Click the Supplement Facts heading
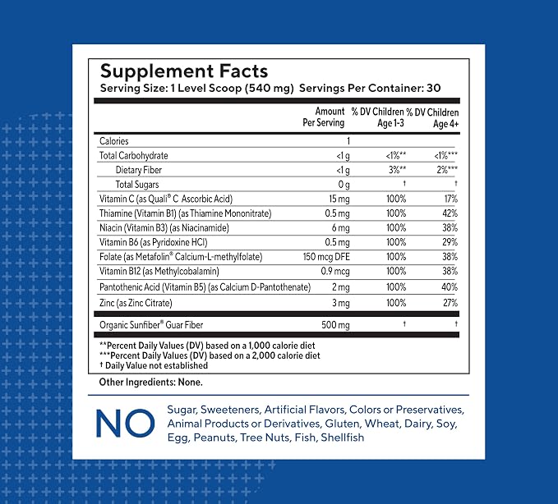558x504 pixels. pos(183,71)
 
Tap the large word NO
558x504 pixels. pos(125,423)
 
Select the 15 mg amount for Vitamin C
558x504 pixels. pos(339,199)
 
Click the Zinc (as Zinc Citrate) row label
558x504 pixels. pos(136,303)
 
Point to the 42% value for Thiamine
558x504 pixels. pos(450,213)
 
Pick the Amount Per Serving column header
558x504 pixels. pos(324,117)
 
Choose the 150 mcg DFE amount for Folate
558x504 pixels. pos(326,257)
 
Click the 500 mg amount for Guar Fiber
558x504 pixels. pos(335,325)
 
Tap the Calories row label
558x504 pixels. pos(114,141)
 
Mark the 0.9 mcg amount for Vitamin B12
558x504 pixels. pos(335,271)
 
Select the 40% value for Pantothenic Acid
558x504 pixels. pos(450,286)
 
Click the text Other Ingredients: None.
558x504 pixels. pos(151,382)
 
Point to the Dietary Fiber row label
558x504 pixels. pos(138,170)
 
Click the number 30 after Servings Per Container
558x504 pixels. pos(433,88)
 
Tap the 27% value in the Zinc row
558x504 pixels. pos(450,303)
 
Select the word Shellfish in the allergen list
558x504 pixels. pos(343,438)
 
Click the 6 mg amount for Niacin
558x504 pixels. pos(340,228)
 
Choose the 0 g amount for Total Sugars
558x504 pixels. pos(344,185)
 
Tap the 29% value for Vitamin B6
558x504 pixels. pos(450,242)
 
